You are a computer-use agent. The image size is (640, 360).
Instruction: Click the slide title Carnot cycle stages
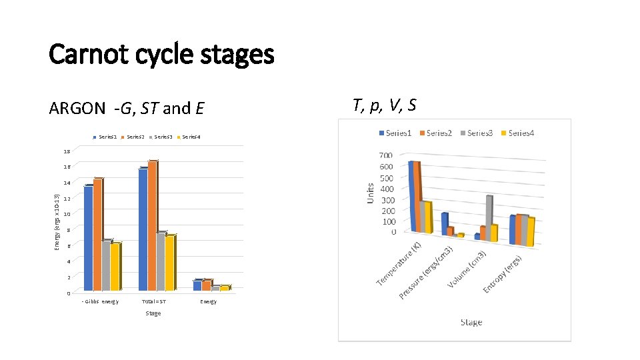[x=161, y=54]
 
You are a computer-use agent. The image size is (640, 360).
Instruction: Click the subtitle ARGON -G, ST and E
[x=127, y=107]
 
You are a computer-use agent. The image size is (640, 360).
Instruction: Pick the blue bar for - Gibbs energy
[x=88, y=238]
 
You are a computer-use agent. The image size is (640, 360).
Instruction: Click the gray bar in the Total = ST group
[x=161, y=261]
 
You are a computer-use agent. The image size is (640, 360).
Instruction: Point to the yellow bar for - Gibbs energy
[x=115, y=267]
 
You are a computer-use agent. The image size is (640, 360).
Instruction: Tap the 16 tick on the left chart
[x=67, y=167]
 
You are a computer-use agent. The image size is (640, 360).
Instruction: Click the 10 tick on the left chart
[x=67, y=213]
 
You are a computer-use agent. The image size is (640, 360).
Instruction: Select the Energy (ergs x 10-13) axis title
[x=57, y=223]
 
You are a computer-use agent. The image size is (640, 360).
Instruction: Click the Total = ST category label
[x=153, y=302]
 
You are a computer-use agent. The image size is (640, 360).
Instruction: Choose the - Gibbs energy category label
[x=99, y=302]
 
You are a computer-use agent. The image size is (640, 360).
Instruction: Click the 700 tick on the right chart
[x=387, y=155]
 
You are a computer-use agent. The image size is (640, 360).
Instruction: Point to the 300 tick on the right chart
[x=387, y=200]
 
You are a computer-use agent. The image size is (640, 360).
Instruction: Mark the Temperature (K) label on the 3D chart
[x=399, y=264]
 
